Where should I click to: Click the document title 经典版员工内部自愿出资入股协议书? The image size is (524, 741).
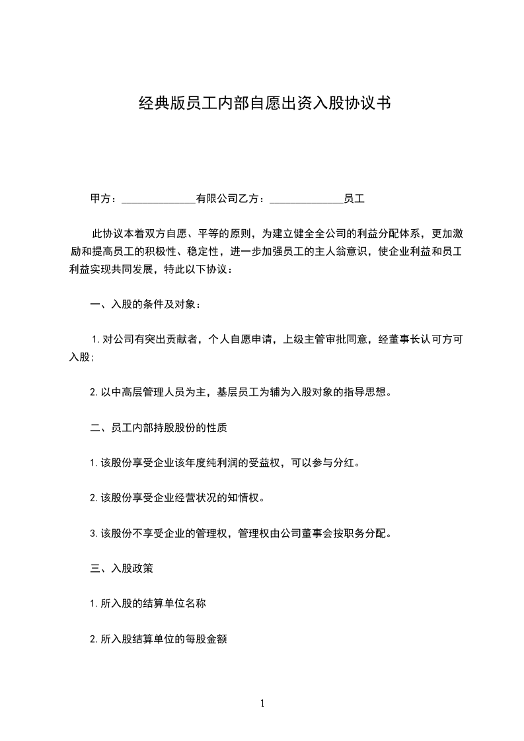coord(262,104)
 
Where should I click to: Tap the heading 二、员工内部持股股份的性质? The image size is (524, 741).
coord(158,427)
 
